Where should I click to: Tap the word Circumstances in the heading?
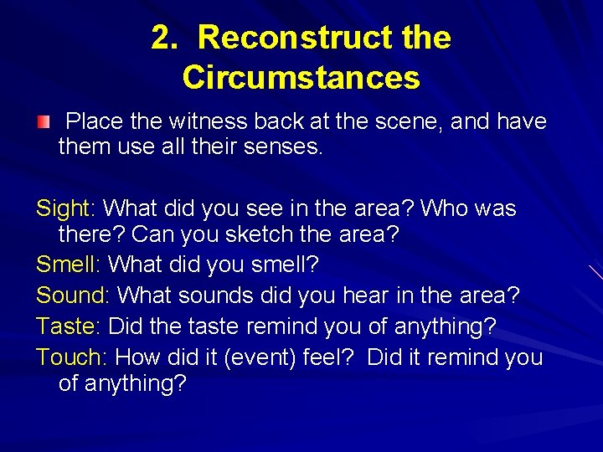[x=301, y=78]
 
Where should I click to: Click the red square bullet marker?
[x=43, y=123]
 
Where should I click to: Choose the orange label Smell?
[x=69, y=265]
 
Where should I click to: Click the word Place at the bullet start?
[x=93, y=122]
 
